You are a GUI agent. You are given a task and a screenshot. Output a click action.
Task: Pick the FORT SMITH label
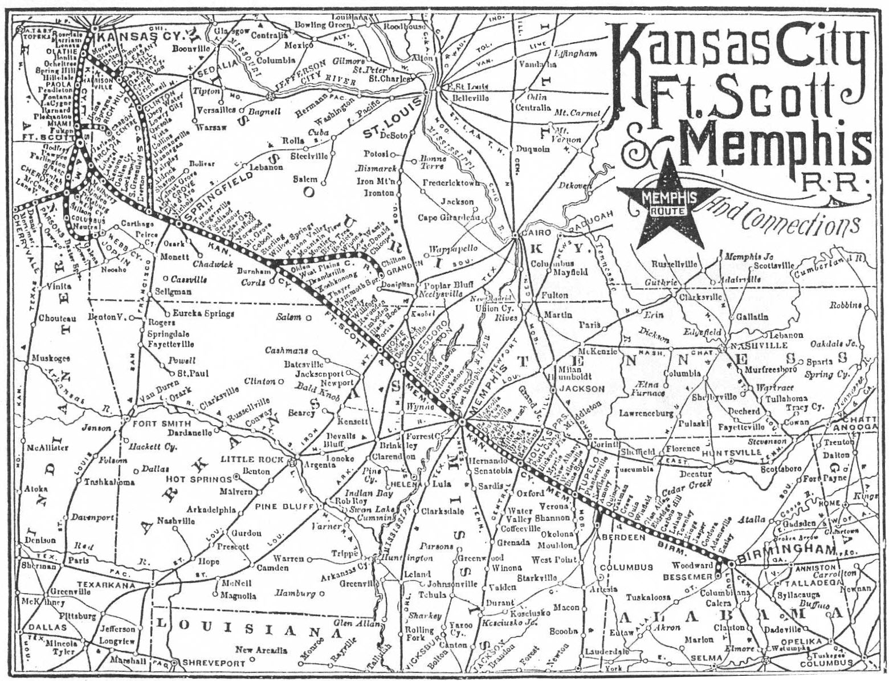click(x=153, y=423)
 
